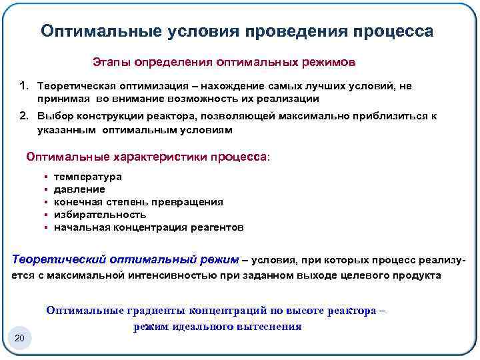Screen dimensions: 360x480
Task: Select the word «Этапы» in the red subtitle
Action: point(111,62)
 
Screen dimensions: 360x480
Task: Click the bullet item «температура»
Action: point(87,177)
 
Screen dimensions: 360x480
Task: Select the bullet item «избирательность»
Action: point(99,215)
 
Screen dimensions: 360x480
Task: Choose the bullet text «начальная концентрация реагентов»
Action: point(148,227)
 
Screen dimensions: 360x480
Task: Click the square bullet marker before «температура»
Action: point(46,177)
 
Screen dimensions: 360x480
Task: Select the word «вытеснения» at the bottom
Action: point(271,327)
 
